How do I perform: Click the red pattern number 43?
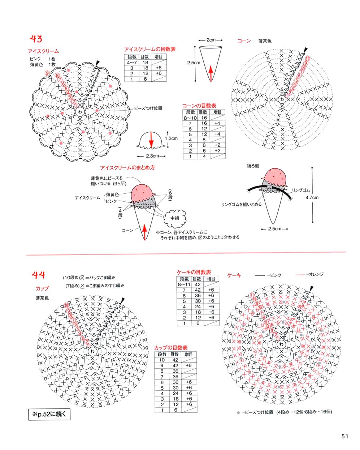coord(36,39)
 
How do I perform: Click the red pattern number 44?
coord(38,275)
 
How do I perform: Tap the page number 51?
coord(345,436)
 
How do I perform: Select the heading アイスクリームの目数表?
coord(149,49)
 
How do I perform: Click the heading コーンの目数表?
coord(199,106)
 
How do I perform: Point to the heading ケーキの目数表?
coord(194,272)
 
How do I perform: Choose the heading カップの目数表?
coord(171,347)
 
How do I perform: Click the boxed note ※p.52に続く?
coord(49,414)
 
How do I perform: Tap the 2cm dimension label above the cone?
coord(211,40)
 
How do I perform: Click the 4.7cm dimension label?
coord(312,198)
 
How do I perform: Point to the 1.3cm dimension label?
coord(171,138)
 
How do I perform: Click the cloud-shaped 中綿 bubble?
coord(175,218)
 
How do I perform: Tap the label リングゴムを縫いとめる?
coord(241,205)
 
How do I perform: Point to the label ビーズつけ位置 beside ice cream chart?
coord(148,108)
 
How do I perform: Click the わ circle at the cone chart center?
coord(282,99)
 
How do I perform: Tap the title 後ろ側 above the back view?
coord(253,166)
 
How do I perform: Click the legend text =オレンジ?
coord(314,274)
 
